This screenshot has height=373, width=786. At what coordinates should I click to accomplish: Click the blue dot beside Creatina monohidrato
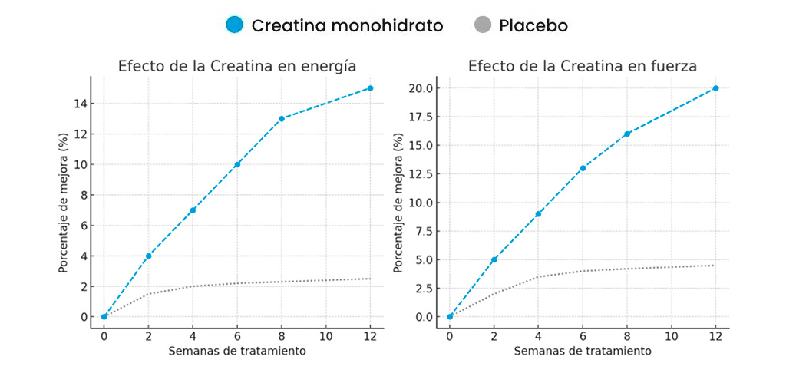tap(235, 25)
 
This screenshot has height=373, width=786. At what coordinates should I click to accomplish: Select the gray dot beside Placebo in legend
tap(482, 25)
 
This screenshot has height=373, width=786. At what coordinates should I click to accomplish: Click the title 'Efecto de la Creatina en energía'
tap(236, 66)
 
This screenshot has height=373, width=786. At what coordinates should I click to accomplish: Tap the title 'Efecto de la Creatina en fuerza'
tap(583, 66)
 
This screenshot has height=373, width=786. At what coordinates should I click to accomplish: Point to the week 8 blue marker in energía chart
tap(282, 118)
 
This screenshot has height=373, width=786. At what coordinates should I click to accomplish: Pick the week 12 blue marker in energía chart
tap(370, 88)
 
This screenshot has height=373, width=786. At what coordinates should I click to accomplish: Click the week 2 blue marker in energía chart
tap(148, 256)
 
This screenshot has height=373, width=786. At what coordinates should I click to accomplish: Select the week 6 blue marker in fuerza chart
tap(583, 168)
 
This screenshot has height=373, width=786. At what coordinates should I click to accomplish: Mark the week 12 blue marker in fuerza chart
tap(715, 88)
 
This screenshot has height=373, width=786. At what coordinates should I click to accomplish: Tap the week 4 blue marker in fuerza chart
tap(538, 214)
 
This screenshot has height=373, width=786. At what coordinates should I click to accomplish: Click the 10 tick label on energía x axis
tap(326, 335)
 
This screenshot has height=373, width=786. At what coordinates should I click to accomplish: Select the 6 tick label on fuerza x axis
tap(583, 335)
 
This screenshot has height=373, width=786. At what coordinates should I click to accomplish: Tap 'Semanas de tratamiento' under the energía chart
tap(236, 351)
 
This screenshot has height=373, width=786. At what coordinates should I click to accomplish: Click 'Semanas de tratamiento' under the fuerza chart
tap(583, 351)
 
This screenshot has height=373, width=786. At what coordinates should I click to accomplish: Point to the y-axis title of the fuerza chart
tap(398, 203)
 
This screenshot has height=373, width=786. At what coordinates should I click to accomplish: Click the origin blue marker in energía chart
tap(104, 316)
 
